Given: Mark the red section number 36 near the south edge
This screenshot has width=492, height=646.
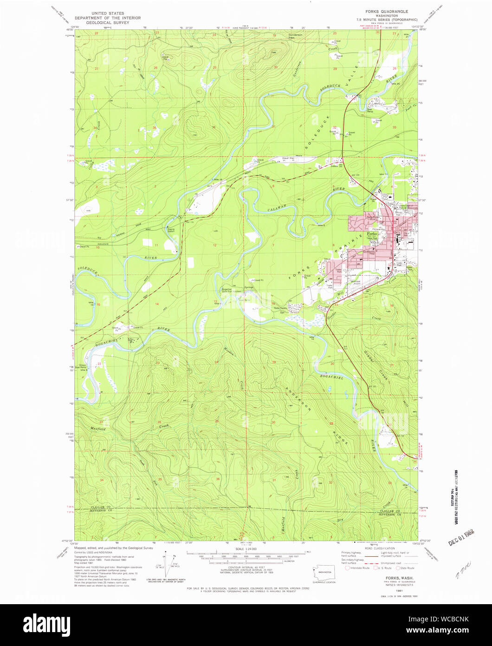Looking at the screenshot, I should [217, 479].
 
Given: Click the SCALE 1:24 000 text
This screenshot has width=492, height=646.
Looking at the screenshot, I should [246, 549].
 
